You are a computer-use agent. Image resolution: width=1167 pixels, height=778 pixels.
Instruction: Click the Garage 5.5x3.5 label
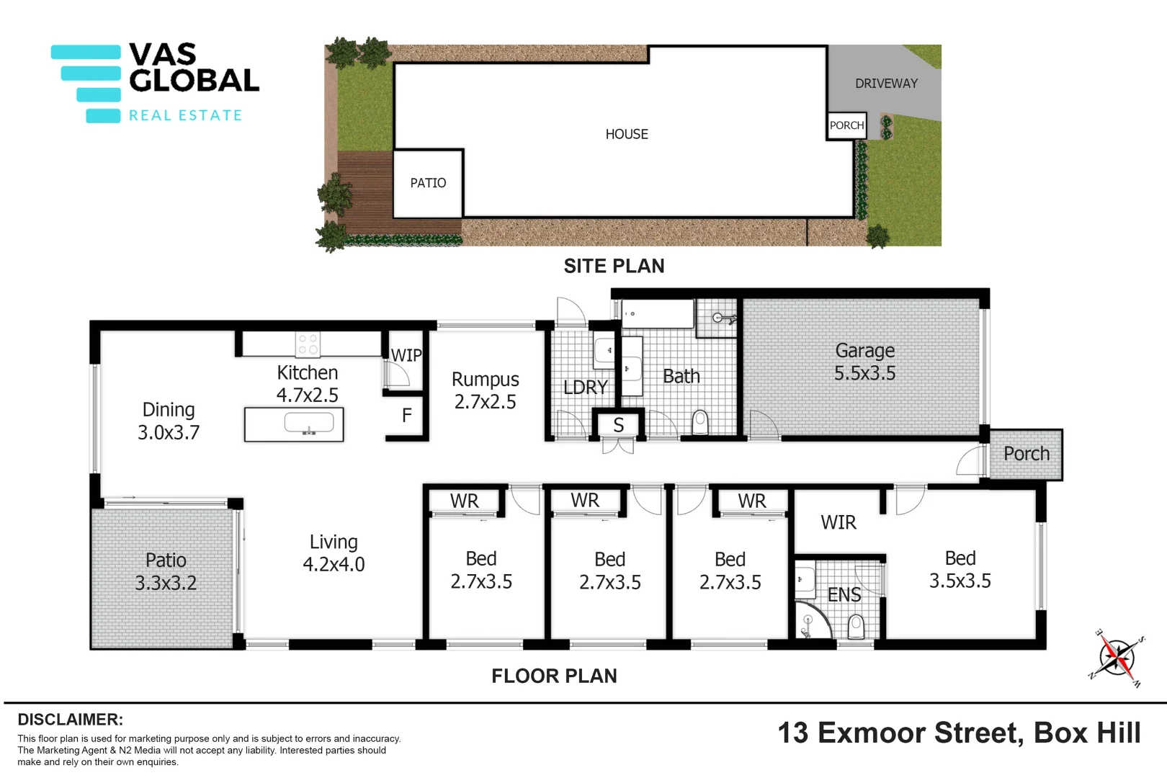[864, 362]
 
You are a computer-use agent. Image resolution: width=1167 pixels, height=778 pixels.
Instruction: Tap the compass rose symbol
[1116, 657]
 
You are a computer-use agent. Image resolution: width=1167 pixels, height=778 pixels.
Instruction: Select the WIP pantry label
[406, 355]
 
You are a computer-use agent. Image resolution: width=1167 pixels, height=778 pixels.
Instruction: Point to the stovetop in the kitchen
[308, 344]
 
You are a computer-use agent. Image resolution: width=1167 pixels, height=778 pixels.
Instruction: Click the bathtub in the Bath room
[657, 314]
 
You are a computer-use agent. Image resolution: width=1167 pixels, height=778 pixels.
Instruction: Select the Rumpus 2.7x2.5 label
[485, 390]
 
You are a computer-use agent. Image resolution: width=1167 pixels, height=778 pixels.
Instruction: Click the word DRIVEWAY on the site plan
[886, 84]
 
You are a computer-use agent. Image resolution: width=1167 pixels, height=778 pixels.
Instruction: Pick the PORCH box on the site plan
[846, 125]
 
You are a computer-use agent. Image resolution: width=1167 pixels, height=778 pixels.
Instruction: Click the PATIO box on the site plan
[428, 183]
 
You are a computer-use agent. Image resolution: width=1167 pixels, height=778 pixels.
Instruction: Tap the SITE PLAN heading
[614, 266]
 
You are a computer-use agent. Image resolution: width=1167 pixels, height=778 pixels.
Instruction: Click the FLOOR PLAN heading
[554, 676]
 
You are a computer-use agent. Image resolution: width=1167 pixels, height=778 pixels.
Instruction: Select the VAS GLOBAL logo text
[193, 68]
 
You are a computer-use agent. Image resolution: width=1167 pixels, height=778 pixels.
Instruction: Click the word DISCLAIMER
[70, 720]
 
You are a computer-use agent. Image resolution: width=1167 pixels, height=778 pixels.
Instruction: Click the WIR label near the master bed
[839, 522]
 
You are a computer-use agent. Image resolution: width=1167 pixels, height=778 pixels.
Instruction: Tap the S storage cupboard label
[618, 425]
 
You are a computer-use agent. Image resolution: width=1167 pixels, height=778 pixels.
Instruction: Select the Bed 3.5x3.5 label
[960, 569]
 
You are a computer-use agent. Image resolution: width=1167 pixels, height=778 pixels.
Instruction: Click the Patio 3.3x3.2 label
[166, 571]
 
